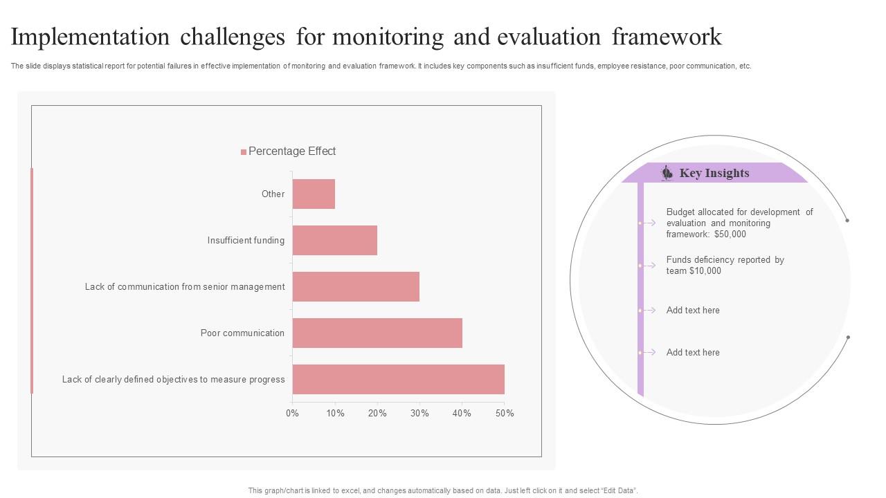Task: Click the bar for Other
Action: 314,194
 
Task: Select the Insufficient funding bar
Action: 335,241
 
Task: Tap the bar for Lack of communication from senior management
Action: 356,287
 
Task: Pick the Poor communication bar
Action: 377,333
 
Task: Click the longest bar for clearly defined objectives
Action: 399,380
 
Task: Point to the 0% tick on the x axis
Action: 292,414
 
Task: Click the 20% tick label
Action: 377,414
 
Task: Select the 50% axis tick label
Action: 505,414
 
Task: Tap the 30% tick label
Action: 419,414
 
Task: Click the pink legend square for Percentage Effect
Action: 244,152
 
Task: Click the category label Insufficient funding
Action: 246,241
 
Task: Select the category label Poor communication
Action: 242,333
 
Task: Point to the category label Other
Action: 273,194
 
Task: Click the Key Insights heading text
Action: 714,174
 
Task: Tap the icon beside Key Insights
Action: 667,173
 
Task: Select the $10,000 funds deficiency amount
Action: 705,271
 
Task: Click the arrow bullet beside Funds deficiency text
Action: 649,266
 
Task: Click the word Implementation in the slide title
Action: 90,37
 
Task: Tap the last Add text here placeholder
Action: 693,353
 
